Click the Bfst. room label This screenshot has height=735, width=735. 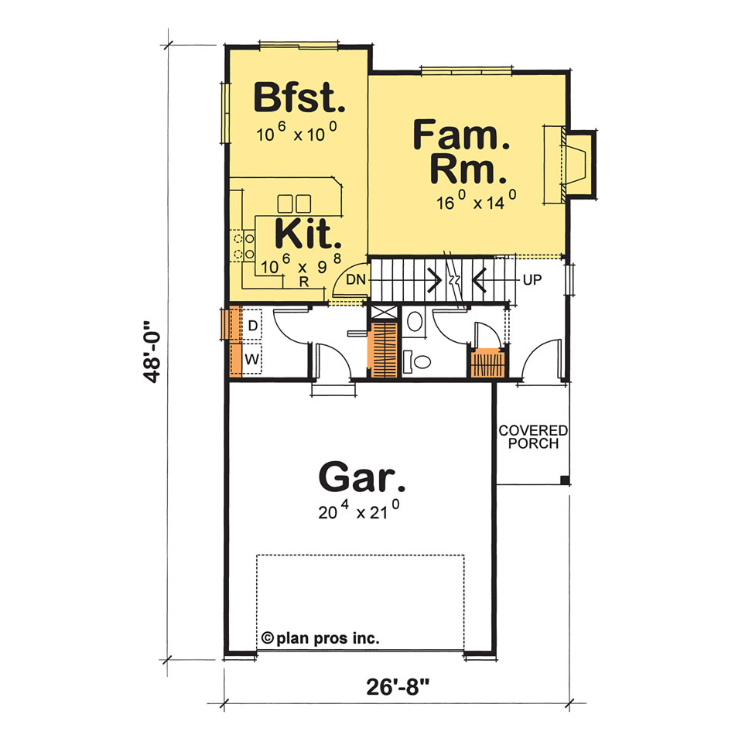pyautogui.click(x=298, y=99)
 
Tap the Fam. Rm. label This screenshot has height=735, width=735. pyautogui.click(x=461, y=151)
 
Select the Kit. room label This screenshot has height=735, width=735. pyautogui.click(x=307, y=232)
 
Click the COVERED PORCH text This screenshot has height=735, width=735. pyautogui.click(x=533, y=436)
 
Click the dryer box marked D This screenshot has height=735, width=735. pyautogui.click(x=253, y=326)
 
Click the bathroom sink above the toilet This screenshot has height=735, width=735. pyautogui.click(x=415, y=320)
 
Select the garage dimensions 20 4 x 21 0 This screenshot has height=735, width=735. pyautogui.click(x=361, y=511)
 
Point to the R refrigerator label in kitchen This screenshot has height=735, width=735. pyautogui.click(x=305, y=282)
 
